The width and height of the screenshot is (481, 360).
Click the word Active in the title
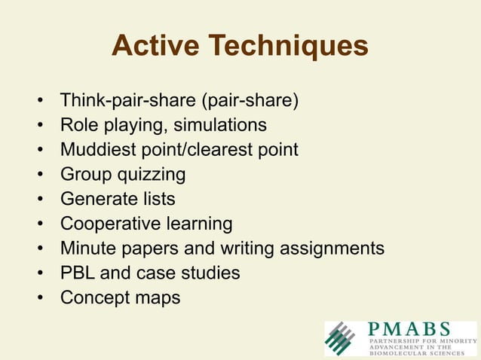[x=155, y=47]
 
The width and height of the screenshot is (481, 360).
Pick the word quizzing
[x=151, y=175]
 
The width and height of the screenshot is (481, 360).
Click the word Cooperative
[x=109, y=224]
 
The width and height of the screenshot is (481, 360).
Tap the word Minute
[x=84, y=249]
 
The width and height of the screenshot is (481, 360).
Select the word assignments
[x=333, y=249]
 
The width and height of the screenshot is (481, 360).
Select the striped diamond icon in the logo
[x=344, y=338]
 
